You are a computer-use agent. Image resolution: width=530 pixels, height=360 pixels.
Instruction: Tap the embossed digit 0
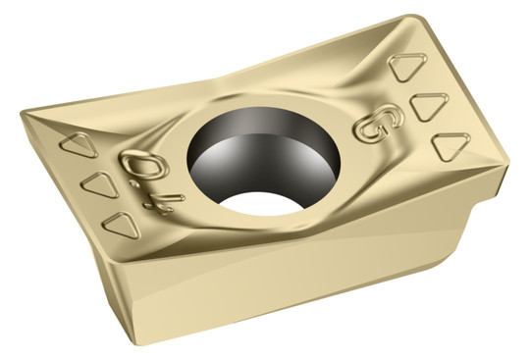pyautogui.click(x=144, y=165)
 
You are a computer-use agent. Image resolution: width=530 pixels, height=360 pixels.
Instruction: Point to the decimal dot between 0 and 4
pyautogui.click(x=135, y=184)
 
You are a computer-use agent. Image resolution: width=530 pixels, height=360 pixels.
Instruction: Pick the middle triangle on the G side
pyautogui.click(x=428, y=106)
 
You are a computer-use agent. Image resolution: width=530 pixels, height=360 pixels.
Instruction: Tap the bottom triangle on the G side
pyautogui.click(x=450, y=146)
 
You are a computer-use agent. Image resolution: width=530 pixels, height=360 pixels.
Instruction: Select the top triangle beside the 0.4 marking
pyautogui.click(x=79, y=144)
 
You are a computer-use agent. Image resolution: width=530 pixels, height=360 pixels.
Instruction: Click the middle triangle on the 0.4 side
pyautogui.click(x=101, y=184)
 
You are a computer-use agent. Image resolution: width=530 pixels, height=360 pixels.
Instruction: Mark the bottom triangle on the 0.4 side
pyautogui.click(x=122, y=225)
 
